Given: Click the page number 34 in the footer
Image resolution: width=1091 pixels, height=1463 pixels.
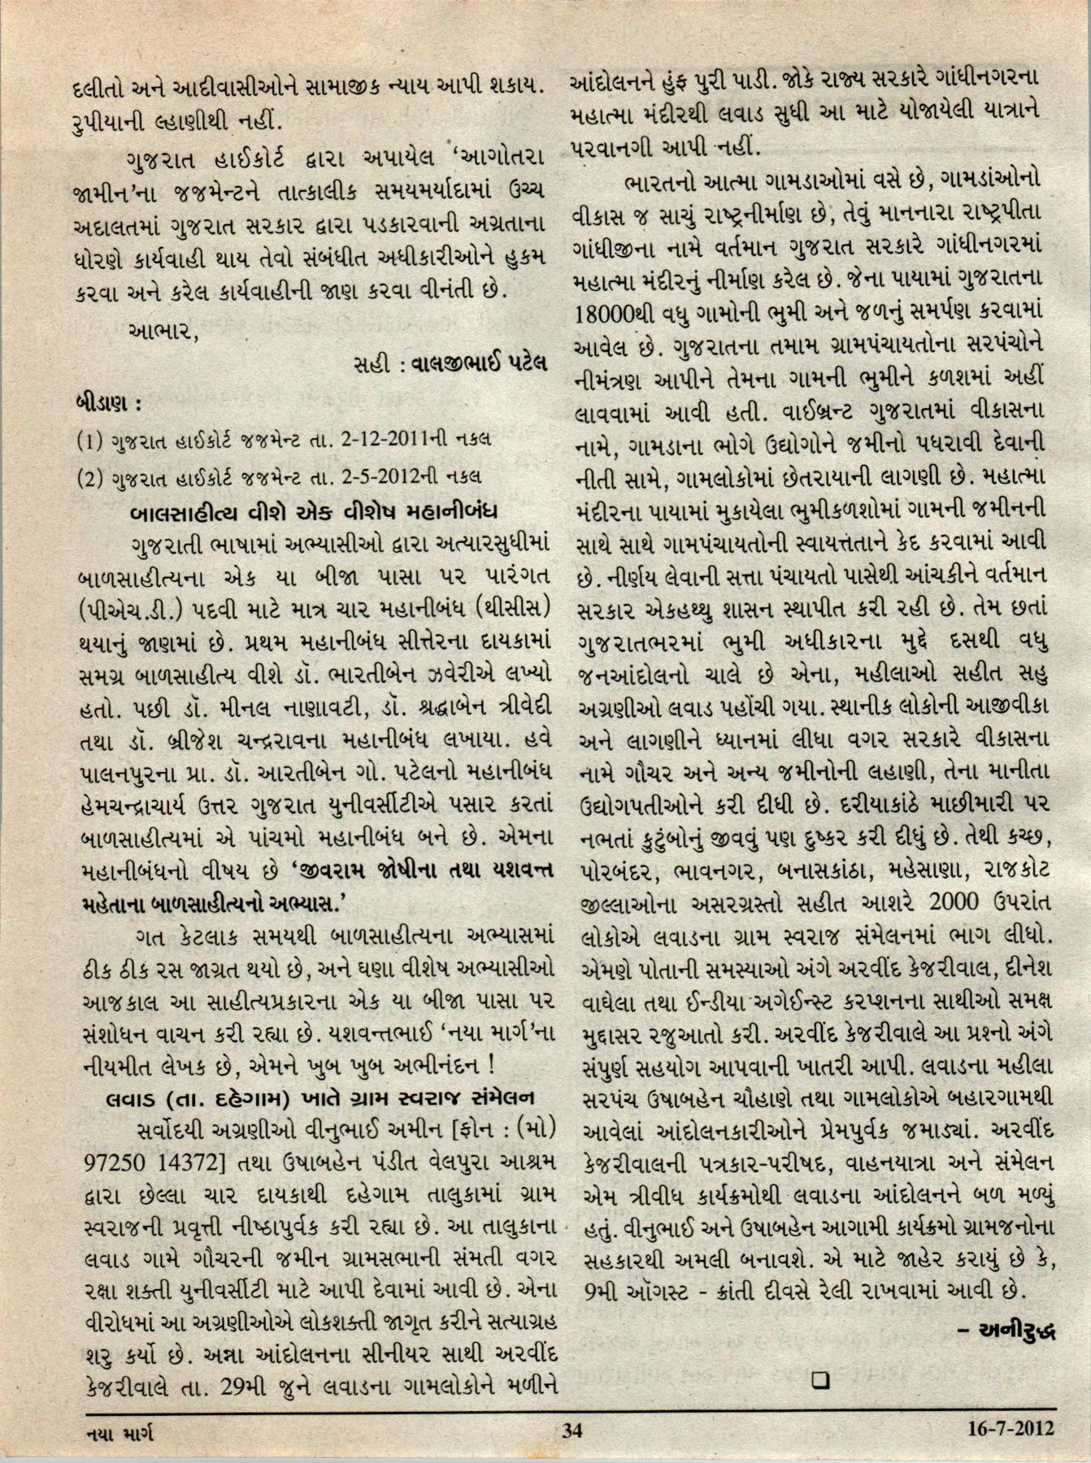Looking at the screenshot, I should point(572,1429).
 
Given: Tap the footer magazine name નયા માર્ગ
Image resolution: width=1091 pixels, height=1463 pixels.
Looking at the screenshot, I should point(120,1430).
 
